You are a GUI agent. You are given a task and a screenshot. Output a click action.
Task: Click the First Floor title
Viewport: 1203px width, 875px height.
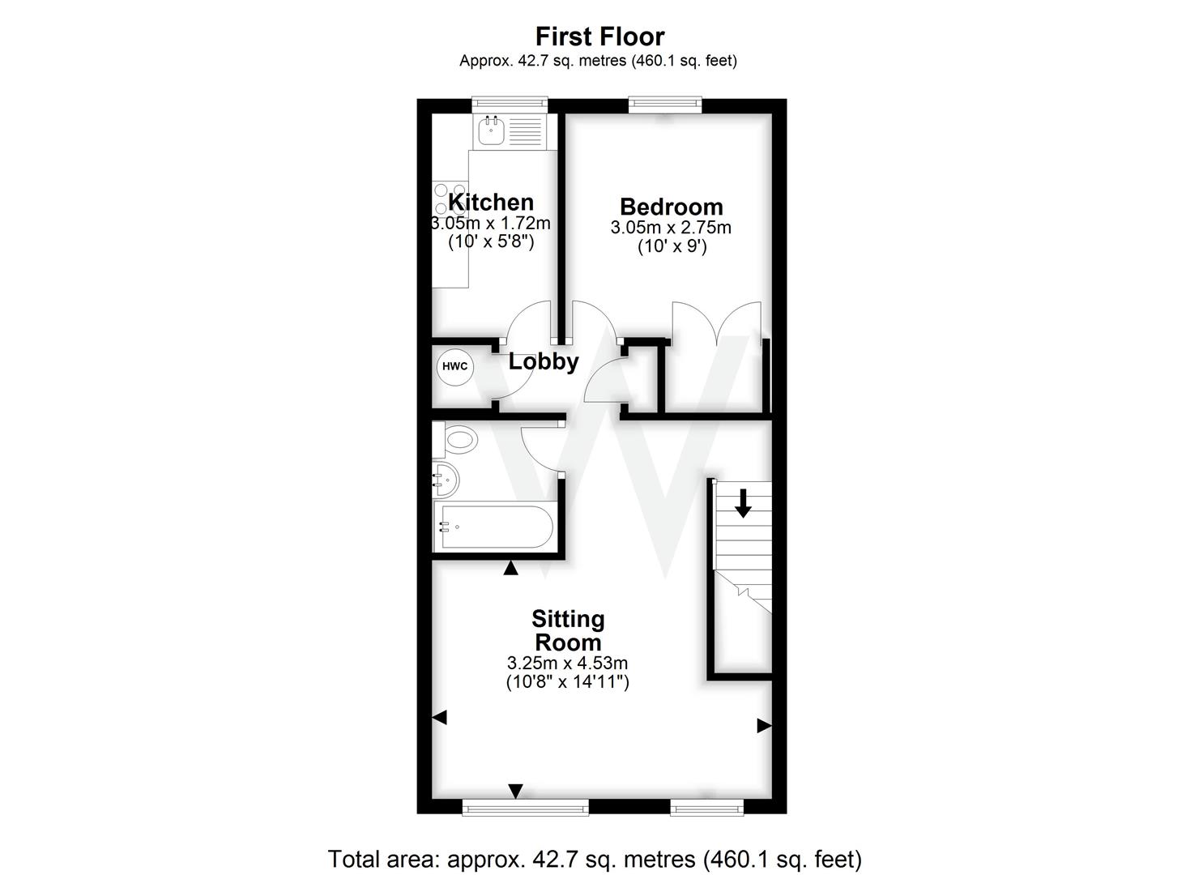pos(599,36)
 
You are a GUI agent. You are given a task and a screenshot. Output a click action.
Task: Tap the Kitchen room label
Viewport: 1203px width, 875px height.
pos(491,202)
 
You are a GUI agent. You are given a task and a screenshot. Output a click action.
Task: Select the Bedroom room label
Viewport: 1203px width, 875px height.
pos(671,207)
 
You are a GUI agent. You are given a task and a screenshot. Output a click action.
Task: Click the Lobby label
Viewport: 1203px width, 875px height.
pos(543,361)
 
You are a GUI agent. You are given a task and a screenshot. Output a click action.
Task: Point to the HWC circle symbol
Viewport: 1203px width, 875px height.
pos(454,366)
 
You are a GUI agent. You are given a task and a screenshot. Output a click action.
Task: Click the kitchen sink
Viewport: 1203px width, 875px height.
pos(492,130)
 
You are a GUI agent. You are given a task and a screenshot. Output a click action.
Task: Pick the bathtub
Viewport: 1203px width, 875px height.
pos(493,527)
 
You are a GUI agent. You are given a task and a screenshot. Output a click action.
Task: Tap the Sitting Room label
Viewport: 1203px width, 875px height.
pos(567,630)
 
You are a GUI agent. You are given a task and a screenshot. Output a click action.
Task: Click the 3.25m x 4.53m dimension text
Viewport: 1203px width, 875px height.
pos(567,664)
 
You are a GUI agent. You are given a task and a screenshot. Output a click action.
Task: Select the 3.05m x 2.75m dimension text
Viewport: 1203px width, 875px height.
pos(671,228)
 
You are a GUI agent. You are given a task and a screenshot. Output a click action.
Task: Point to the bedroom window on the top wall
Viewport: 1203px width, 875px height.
pos(664,103)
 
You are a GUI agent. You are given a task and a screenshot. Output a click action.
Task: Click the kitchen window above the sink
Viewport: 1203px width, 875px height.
pos(510,103)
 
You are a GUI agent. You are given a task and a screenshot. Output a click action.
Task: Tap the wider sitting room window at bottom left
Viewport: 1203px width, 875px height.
pos(525,806)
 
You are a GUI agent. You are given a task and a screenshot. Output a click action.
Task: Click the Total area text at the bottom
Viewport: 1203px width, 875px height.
pos(595,858)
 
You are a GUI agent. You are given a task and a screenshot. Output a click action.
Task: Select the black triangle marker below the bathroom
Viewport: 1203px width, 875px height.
pos(510,569)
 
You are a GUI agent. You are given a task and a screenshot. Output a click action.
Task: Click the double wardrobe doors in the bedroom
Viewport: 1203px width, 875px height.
pos(716,324)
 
